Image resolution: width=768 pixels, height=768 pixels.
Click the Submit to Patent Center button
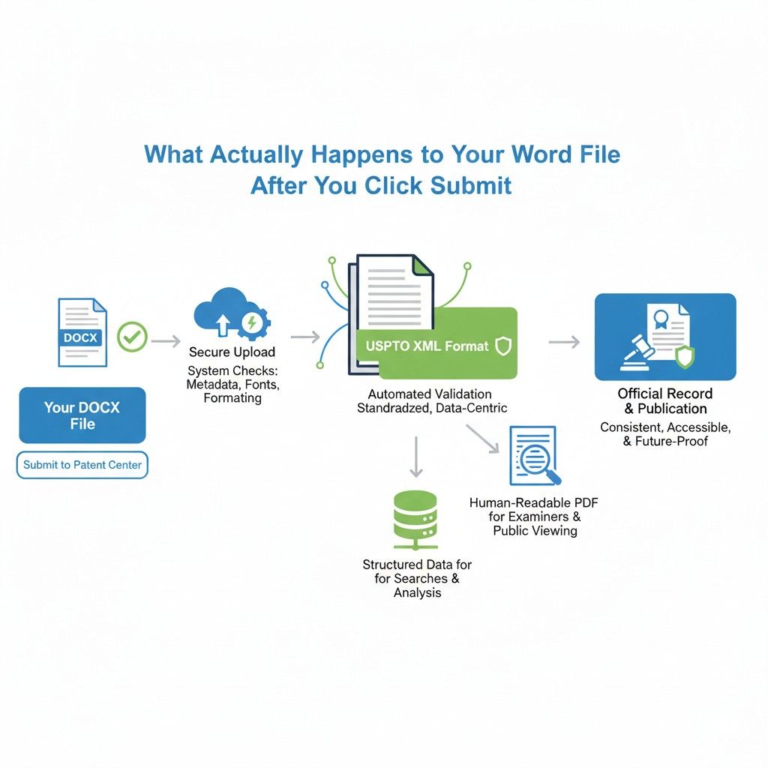point(82,465)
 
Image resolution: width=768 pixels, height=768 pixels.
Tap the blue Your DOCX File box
point(82,415)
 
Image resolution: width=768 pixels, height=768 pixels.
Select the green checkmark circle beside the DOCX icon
point(132,337)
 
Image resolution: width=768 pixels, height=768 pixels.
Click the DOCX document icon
point(82,332)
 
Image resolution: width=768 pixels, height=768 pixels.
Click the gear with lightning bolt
point(253,323)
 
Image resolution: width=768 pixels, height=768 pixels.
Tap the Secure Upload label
point(232,352)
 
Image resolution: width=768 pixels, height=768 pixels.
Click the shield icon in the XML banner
point(503,346)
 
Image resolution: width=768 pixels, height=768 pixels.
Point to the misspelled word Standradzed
point(393,408)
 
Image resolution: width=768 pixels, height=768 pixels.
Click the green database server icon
point(415,520)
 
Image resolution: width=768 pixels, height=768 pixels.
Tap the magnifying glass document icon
point(535,456)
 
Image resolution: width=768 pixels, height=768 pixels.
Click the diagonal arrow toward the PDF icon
point(482,438)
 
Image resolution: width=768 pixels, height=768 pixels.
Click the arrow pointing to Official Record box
point(564,341)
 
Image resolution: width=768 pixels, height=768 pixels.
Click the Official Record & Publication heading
point(665,401)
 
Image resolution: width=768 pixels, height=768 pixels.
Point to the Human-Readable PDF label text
point(534,503)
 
